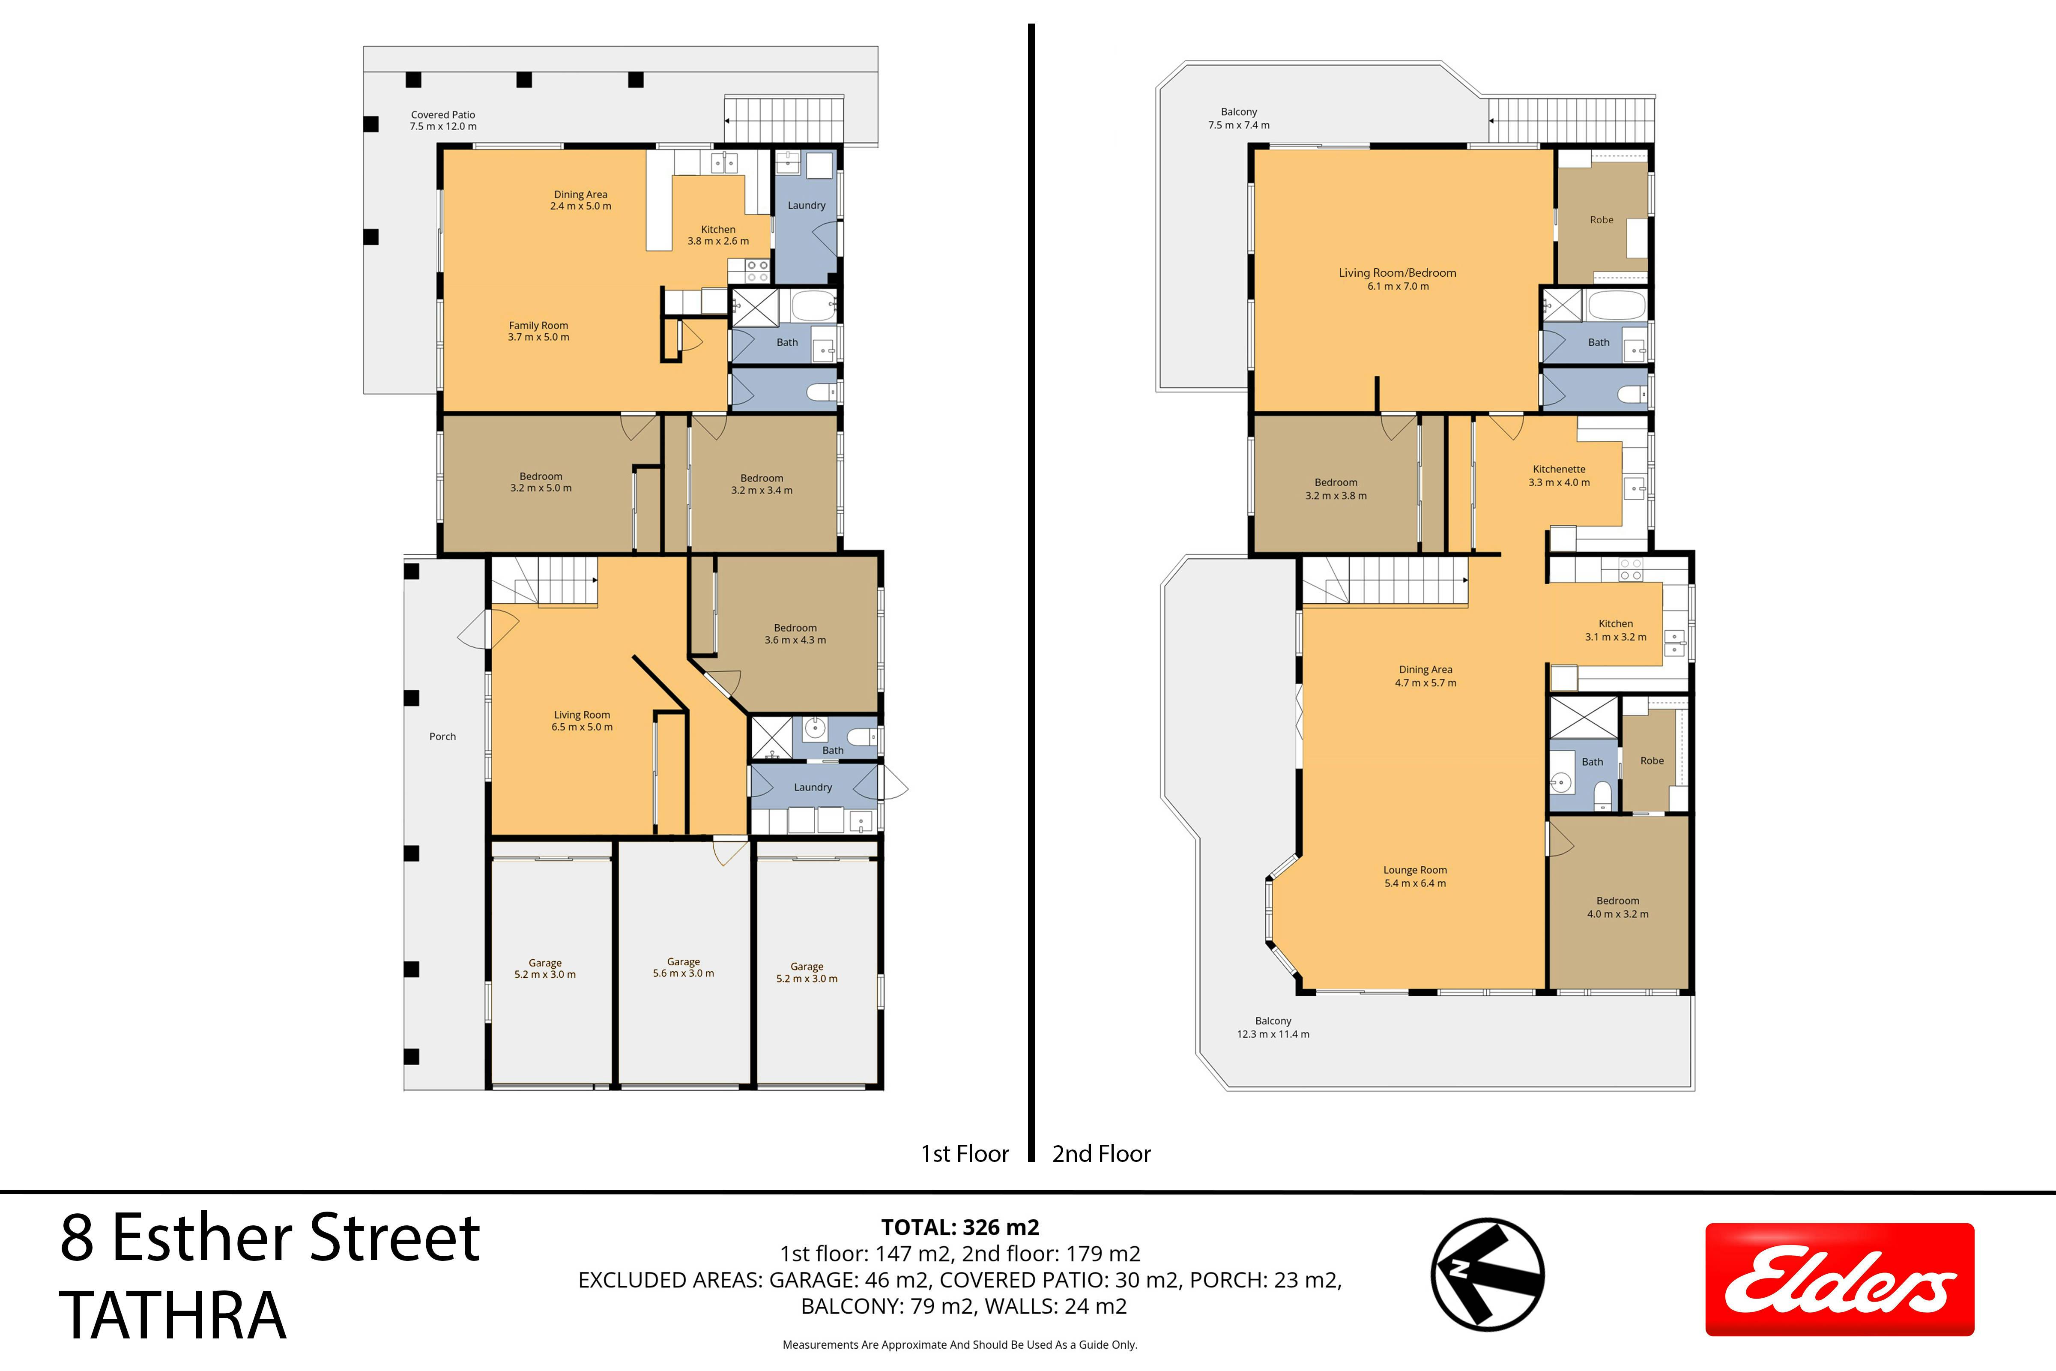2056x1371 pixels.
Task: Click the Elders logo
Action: [1839, 1279]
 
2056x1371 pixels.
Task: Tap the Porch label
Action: [442, 736]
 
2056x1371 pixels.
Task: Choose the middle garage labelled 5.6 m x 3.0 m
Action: [684, 967]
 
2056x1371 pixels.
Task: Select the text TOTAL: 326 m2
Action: [960, 1227]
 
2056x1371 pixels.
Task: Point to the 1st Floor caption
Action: [965, 1154]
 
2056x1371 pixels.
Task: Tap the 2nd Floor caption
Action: [1101, 1154]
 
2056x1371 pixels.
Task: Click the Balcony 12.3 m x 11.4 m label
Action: [1273, 1027]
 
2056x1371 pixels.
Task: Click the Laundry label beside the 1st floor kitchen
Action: [806, 206]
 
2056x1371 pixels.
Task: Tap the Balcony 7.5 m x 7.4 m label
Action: [1239, 118]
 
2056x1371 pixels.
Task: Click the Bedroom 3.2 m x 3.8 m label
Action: [1336, 489]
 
